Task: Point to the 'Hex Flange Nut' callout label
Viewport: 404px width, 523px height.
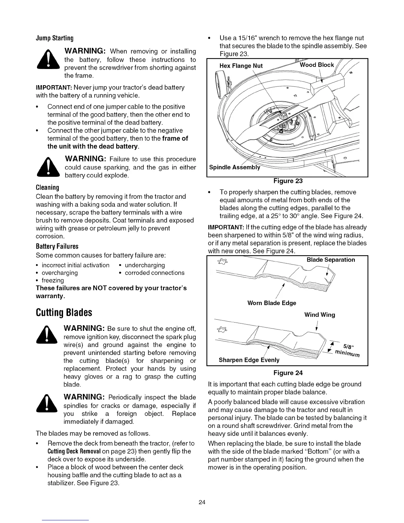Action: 241,66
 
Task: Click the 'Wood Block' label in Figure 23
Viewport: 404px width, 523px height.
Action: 317,65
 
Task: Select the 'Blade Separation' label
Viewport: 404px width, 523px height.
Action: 331,260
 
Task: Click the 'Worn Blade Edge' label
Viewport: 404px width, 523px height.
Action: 272,303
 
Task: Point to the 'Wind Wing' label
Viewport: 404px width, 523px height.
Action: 320,315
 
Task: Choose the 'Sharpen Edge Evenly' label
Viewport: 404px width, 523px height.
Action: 249,360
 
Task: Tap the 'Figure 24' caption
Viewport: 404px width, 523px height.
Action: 288,373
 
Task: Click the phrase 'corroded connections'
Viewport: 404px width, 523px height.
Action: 154,273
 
